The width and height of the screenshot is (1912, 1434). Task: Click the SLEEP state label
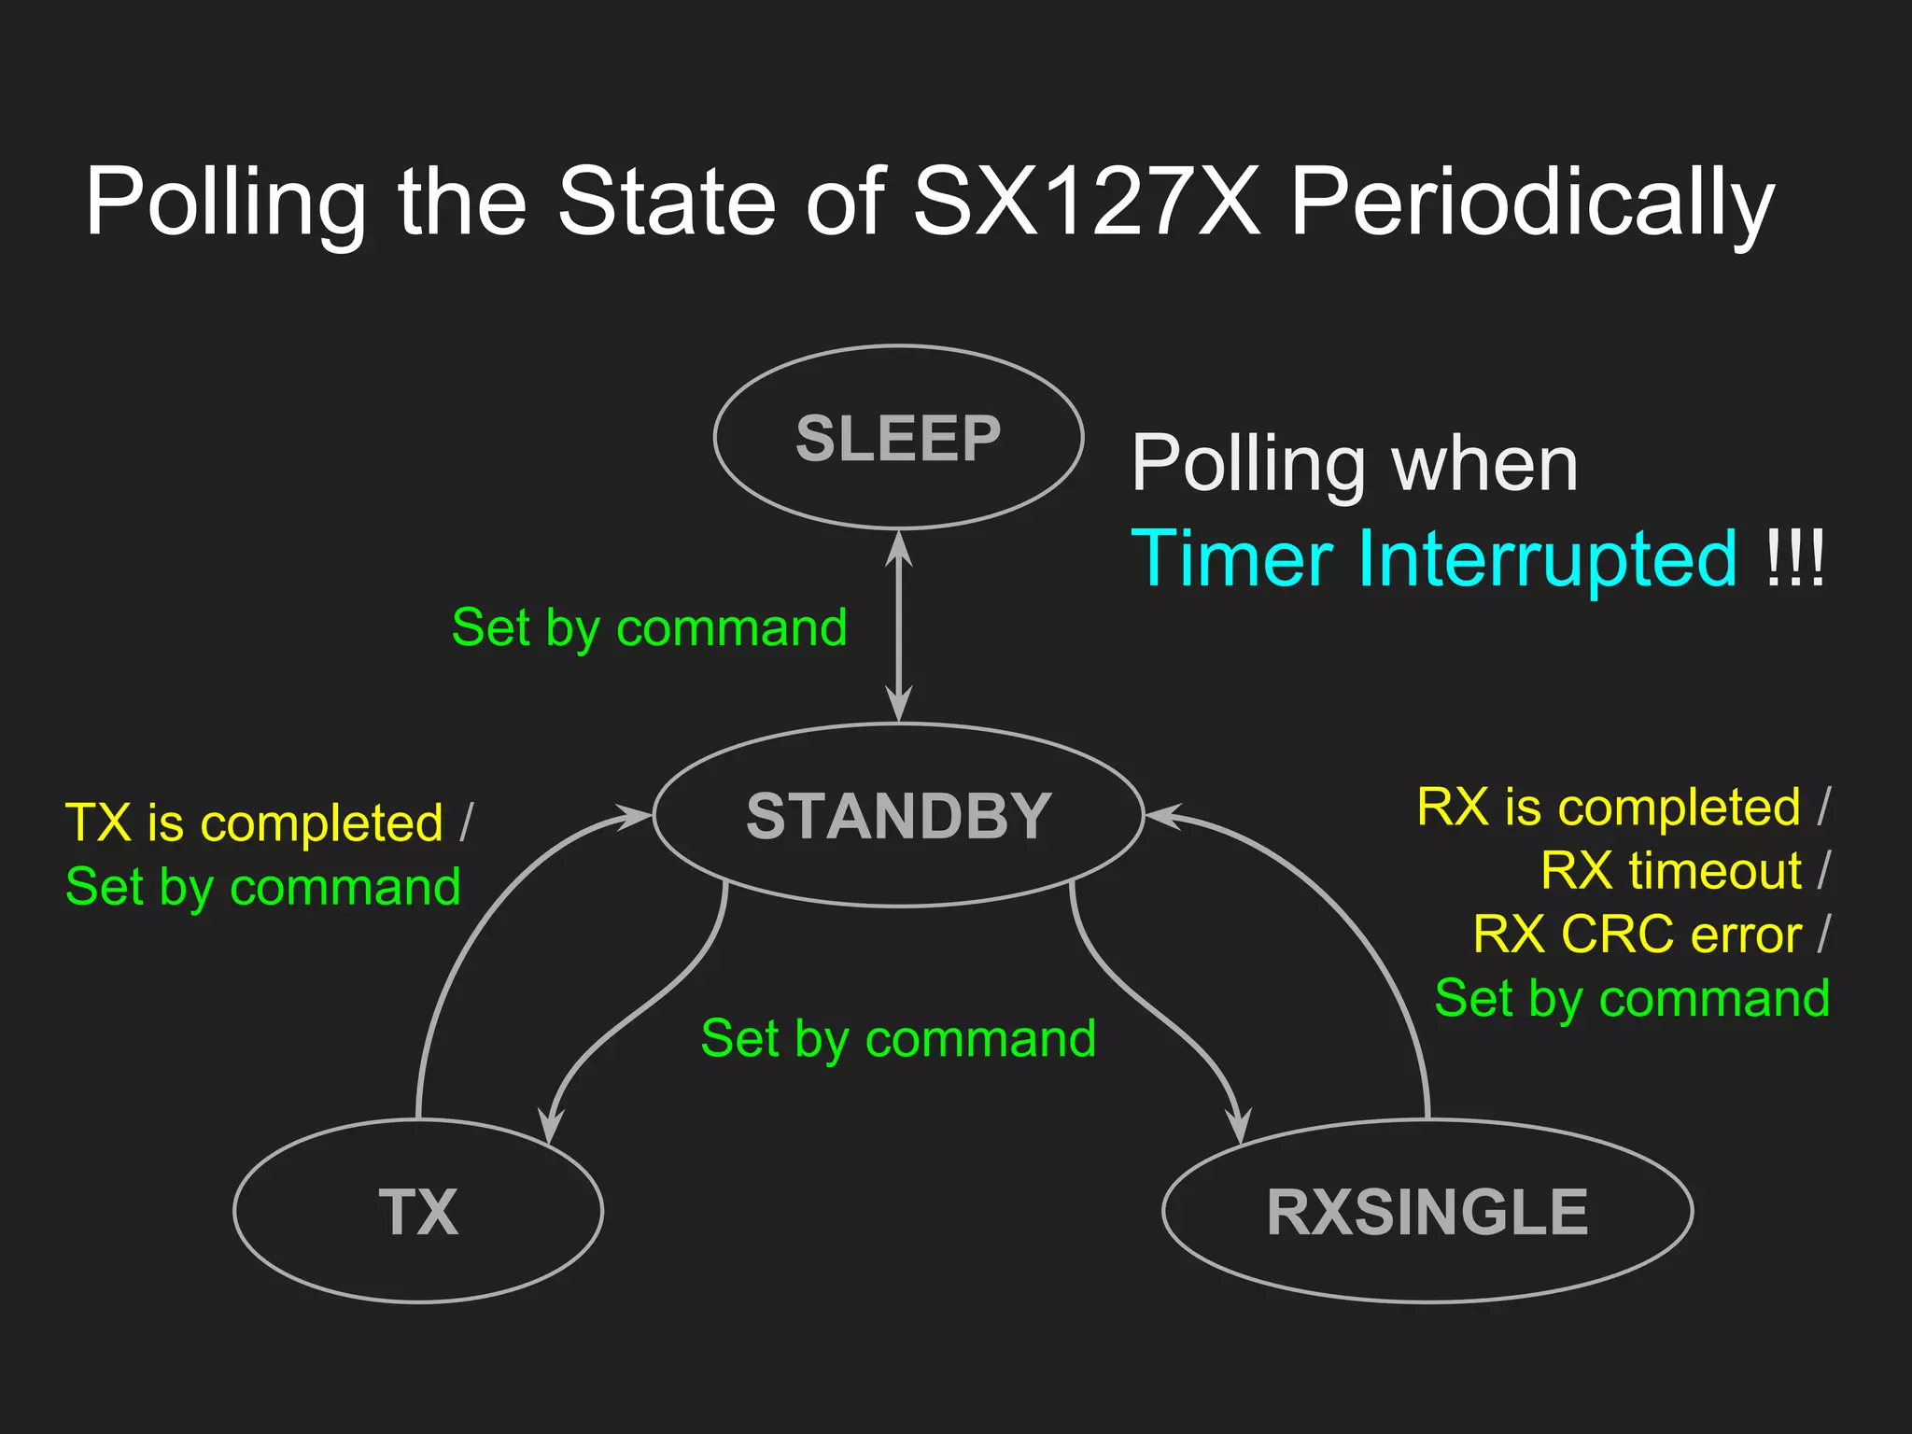[x=898, y=438]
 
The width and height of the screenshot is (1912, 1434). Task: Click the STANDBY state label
[x=898, y=816]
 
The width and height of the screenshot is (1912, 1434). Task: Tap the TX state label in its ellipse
[x=418, y=1212]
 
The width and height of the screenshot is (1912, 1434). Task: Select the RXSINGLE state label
[x=1427, y=1212]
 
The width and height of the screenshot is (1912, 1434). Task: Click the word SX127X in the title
[x=1086, y=201]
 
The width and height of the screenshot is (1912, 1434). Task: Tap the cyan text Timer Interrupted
[x=1434, y=558]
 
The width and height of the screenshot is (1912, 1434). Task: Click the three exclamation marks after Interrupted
[x=1794, y=558]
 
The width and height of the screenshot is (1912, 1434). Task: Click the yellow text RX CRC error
[x=1637, y=934]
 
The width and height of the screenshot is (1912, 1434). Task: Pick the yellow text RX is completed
[x=1608, y=807]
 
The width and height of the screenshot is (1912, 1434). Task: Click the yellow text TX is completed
[x=254, y=822]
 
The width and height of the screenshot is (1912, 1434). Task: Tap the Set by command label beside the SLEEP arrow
[x=649, y=627]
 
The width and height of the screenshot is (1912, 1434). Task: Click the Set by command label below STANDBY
[x=898, y=1038]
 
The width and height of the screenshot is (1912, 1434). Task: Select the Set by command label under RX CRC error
[x=1632, y=998]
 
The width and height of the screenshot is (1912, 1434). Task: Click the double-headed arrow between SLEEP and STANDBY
[x=898, y=626]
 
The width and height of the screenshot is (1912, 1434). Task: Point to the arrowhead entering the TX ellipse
[x=552, y=1125]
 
